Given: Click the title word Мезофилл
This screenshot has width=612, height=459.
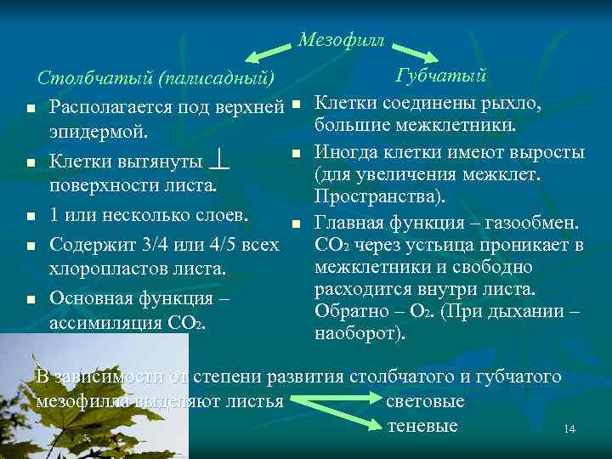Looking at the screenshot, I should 341,40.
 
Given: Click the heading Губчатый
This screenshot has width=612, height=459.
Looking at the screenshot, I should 441,76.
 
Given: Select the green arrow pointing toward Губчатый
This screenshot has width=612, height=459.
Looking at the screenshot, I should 418,54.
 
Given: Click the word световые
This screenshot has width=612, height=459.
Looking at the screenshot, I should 425,400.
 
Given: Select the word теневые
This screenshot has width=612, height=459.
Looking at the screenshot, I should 422,426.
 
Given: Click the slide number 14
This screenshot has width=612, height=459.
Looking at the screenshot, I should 569,429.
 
